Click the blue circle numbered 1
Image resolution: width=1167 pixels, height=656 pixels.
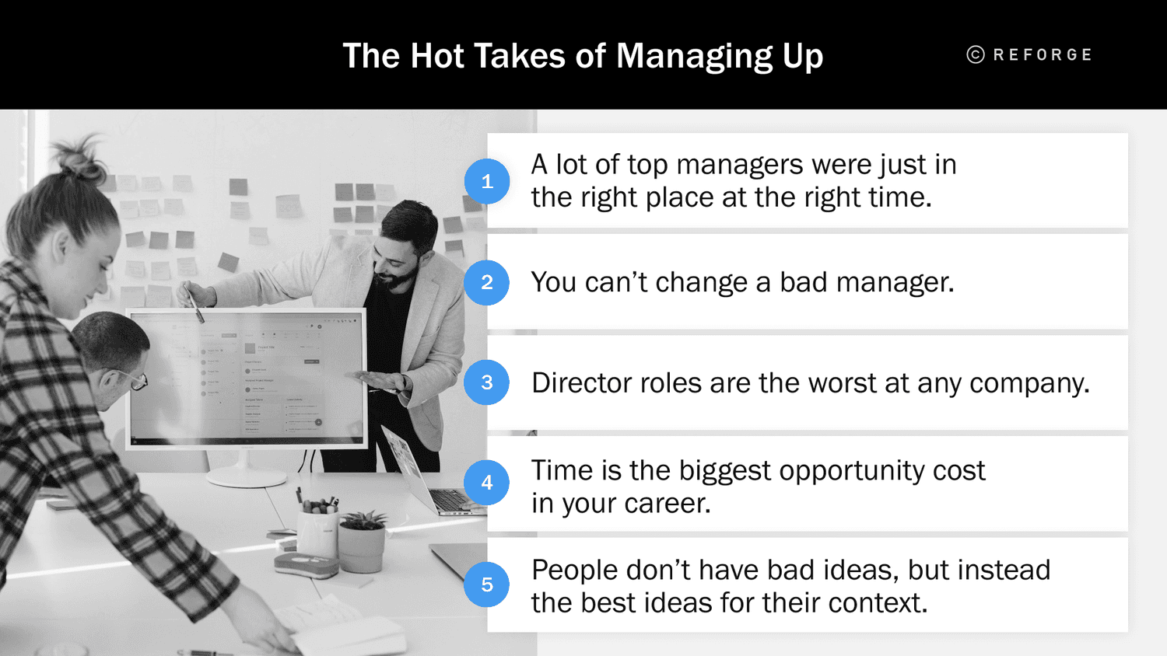pyautogui.click(x=487, y=181)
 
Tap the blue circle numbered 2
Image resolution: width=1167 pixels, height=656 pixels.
pyautogui.click(x=487, y=282)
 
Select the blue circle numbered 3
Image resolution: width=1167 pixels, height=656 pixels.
pyautogui.click(x=487, y=382)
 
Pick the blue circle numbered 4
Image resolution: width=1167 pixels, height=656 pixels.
pyautogui.click(x=487, y=483)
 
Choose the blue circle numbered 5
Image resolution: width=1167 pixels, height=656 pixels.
pyautogui.click(x=487, y=584)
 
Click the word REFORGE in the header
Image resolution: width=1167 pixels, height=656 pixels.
pyautogui.click(x=1043, y=55)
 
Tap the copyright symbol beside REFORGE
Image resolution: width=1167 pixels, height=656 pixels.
pyautogui.click(x=976, y=54)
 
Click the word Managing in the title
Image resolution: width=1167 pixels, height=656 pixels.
pyautogui.click(x=695, y=57)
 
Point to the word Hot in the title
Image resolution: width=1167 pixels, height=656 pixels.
pyautogui.click(x=437, y=56)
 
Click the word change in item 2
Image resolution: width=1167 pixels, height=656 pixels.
pyautogui.click(x=701, y=283)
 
